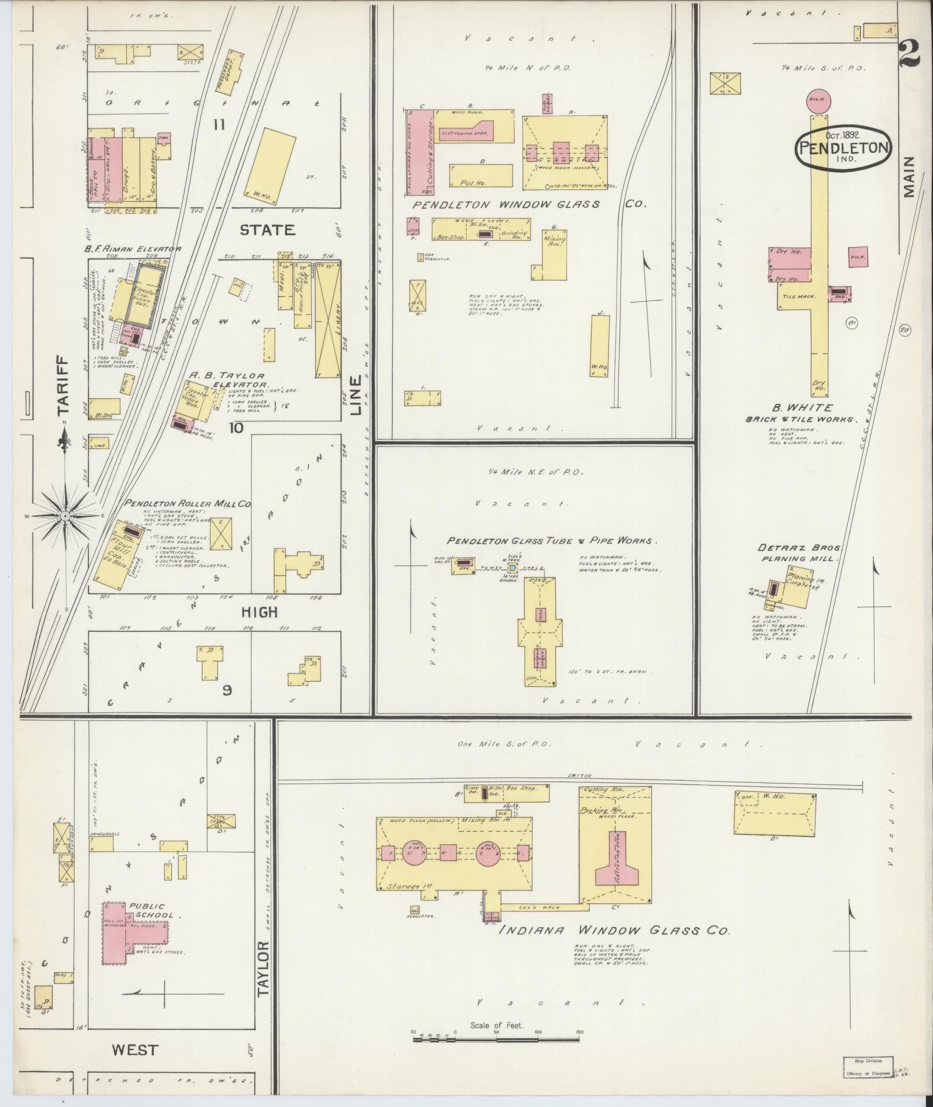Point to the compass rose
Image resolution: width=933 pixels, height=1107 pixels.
[x=65, y=515]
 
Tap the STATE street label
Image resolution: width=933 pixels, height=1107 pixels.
[x=267, y=230]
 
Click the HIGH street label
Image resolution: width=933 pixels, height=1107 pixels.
[x=259, y=612]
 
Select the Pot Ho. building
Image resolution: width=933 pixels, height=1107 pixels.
[x=481, y=176]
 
